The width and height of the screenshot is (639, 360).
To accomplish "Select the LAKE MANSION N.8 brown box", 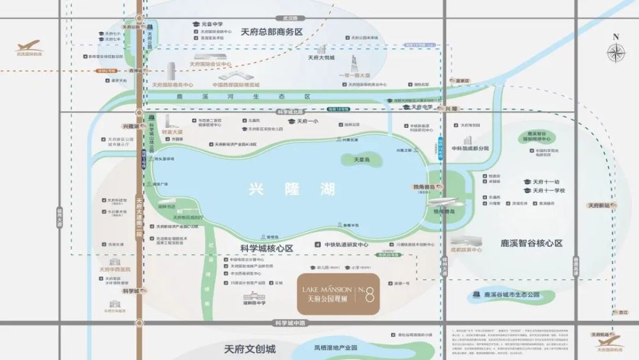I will (x=339, y=293).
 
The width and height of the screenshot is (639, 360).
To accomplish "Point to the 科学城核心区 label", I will (x=268, y=247).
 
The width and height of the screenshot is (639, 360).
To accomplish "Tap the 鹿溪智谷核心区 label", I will (x=532, y=244).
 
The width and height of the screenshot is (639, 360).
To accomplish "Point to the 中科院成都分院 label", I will (x=470, y=148).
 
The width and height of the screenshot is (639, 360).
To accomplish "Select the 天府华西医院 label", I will (x=115, y=269).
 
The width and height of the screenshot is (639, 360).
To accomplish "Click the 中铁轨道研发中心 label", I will (x=346, y=244).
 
